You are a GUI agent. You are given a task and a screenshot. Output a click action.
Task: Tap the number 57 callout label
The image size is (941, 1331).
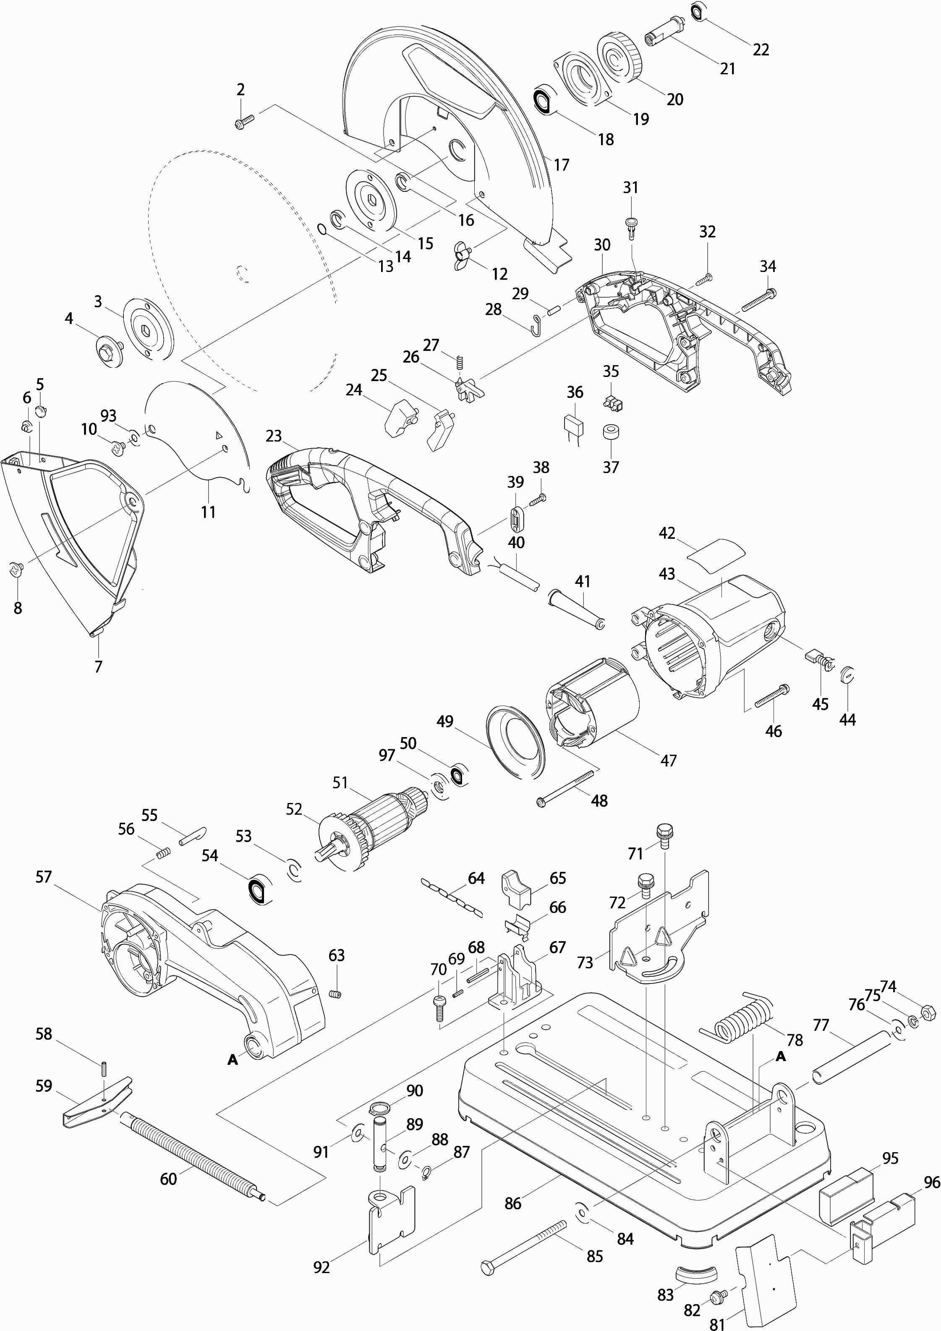point(44,877)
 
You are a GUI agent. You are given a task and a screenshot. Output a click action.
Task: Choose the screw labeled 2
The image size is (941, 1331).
point(245,122)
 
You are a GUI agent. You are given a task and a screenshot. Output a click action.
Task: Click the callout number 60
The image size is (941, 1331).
point(168,1179)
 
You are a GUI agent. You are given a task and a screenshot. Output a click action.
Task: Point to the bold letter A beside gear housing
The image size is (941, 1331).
point(233,1060)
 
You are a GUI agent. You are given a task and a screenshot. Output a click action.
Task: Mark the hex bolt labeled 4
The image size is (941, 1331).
point(108,348)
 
